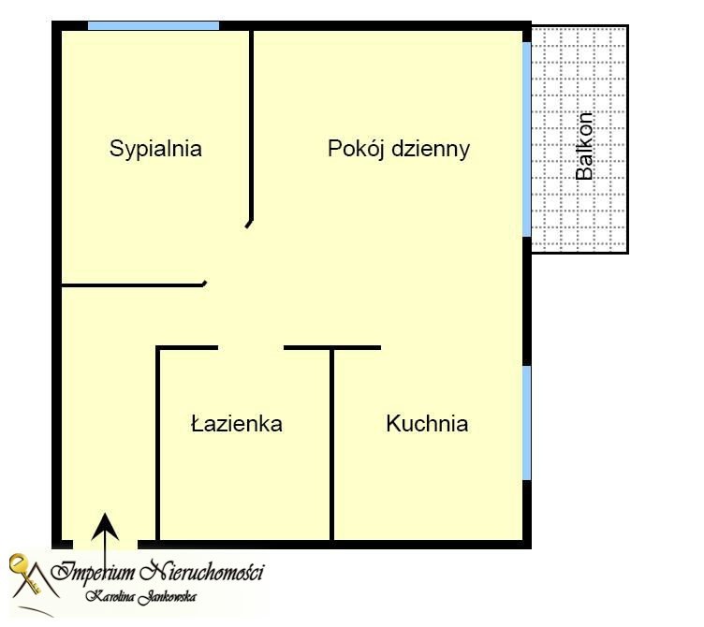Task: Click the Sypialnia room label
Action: tap(155, 149)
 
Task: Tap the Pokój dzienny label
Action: tap(399, 149)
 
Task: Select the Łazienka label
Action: tap(237, 423)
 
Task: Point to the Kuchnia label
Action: tap(427, 423)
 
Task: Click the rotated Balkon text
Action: tap(584, 146)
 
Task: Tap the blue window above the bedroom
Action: tap(154, 25)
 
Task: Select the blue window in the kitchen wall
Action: tap(527, 423)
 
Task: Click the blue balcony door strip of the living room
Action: tap(527, 139)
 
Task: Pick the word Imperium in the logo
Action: tap(93, 572)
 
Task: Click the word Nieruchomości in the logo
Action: tap(201, 572)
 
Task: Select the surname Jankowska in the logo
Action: tap(167, 597)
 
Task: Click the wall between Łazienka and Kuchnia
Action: tap(331, 445)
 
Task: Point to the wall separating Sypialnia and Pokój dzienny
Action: tap(252, 125)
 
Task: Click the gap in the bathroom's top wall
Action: tap(251, 348)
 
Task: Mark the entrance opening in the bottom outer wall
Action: tap(105, 545)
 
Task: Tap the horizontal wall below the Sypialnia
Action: tap(133, 285)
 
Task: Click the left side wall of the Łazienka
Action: tap(157, 444)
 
